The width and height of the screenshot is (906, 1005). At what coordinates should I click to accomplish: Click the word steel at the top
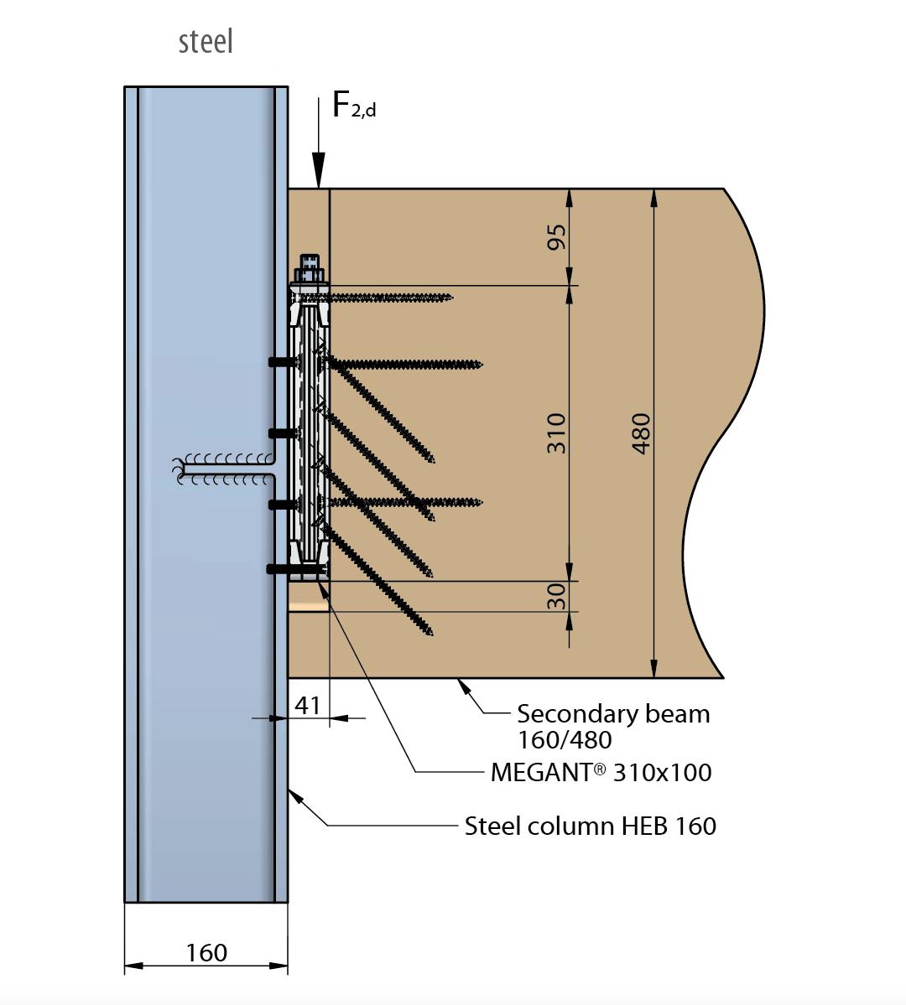coord(206,42)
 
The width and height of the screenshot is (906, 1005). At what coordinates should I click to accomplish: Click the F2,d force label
coord(353,106)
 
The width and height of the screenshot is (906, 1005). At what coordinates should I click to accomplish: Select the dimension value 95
coord(556,236)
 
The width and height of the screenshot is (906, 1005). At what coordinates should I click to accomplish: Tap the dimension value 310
coord(556,433)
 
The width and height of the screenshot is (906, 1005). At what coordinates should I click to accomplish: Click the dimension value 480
coord(641,433)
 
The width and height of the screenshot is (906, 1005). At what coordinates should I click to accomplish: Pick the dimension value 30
coord(556,596)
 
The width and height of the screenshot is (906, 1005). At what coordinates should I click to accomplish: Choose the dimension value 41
coord(308,706)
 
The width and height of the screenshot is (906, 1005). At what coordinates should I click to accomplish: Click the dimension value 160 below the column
coord(206,953)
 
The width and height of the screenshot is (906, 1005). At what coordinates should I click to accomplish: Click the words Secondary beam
coord(613,714)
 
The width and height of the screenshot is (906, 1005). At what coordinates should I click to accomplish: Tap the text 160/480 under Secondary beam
coord(565,740)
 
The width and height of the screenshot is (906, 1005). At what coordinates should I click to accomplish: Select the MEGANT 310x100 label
coord(601,772)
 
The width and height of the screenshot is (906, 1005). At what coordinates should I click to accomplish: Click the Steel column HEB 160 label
coord(591,826)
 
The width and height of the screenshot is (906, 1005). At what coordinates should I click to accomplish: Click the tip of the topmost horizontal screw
coord(450,297)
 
